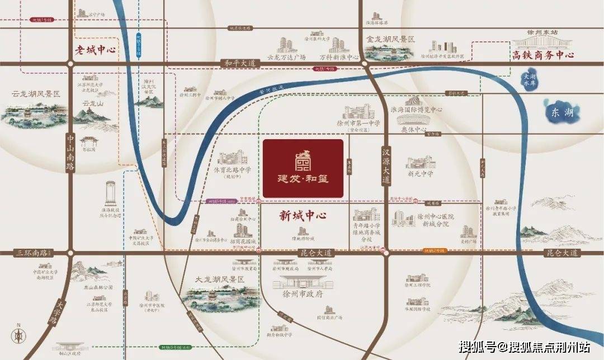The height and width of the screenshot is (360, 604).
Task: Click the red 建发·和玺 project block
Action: tap(303, 168)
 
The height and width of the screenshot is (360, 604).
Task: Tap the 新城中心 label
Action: tap(303, 215)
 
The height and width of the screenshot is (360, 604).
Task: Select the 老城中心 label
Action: tap(96, 50)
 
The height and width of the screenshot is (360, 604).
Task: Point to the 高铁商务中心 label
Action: tap(543, 55)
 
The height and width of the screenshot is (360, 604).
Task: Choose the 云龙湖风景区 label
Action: tap(36, 94)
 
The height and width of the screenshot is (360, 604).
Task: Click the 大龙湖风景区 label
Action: tap(218, 279)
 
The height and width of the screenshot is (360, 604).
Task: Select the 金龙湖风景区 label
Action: tap(390, 40)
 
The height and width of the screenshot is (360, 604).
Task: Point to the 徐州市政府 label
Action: tap(303, 293)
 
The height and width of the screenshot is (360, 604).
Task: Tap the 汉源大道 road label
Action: tap(385, 166)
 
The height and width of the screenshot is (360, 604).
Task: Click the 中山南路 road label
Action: tap(70, 152)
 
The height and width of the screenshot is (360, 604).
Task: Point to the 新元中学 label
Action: tap(421, 174)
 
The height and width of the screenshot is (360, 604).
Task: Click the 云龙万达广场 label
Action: tap(286, 57)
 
